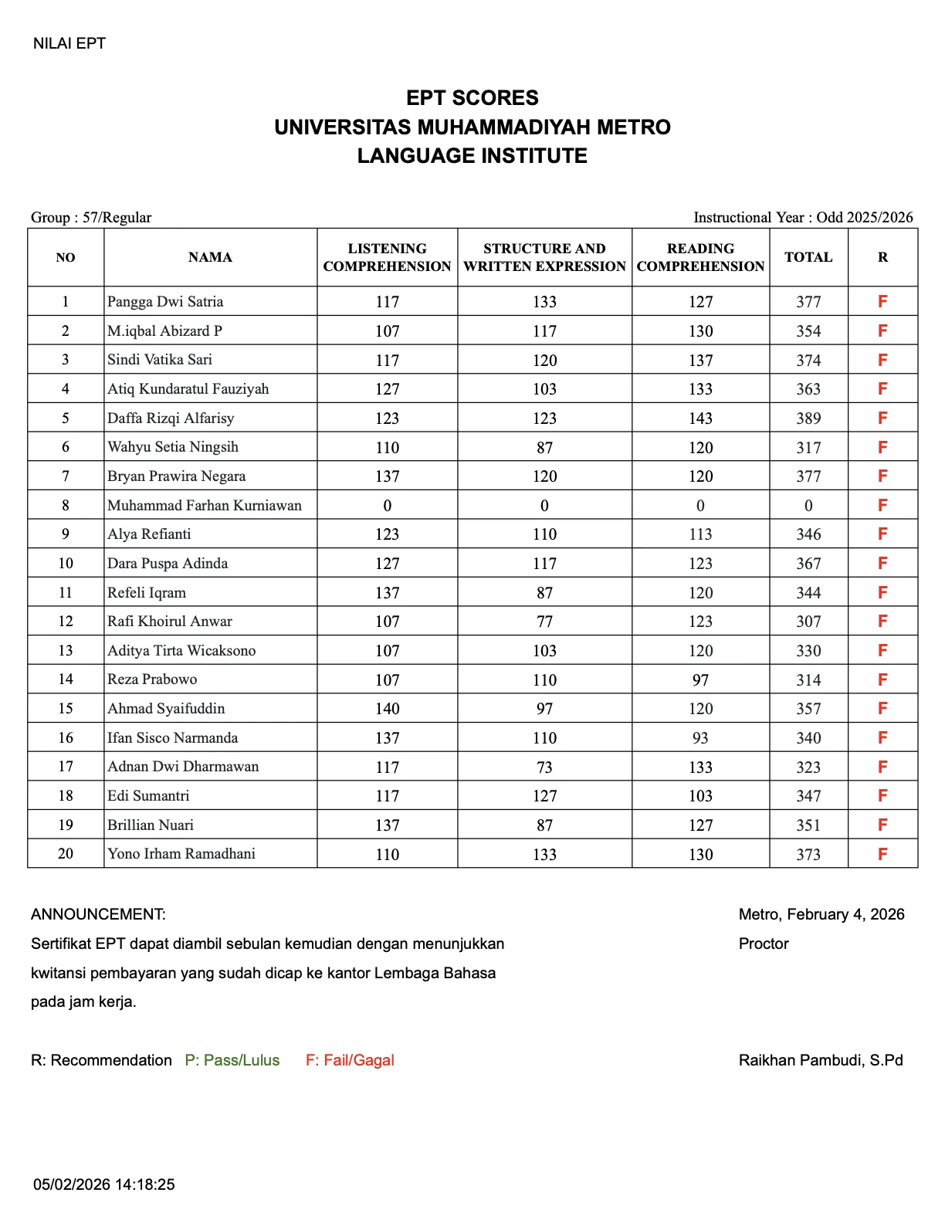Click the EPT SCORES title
coord(472,98)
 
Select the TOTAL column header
coord(808,257)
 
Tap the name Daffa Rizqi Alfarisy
coord(171,418)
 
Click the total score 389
coord(808,418)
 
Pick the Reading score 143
coord(700,418)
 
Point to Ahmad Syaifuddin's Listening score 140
coord(387,709)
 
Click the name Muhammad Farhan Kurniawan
coord(205,506)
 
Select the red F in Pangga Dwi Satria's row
coord(882,302)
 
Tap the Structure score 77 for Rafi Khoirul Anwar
coord(544,622)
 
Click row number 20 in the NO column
coord(66,854)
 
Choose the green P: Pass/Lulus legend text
coord(232,1060)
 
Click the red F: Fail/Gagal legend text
coord(350,1060)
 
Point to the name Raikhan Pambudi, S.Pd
coord(821,1060)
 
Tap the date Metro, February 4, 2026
coord(821,914)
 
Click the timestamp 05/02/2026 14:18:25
coord(104,1184)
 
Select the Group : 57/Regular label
coord(91,217)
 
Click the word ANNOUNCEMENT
coord(98,914)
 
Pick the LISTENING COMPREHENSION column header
coord(387,257)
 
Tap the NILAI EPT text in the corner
coord(69,43)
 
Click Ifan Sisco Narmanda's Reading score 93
coord(700,738)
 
